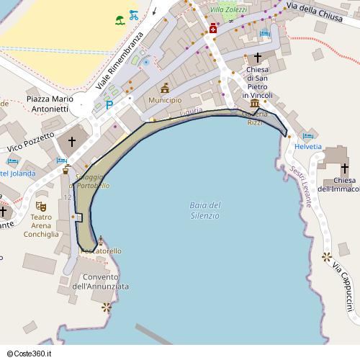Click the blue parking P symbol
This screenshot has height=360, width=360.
[109, 105]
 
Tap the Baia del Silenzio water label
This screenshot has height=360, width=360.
[205, 210]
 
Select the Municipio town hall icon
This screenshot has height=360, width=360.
[165, 88]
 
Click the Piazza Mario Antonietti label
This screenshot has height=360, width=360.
[47, 103]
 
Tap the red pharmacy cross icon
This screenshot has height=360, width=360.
[214, 29]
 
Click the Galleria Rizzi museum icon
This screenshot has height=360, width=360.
[255, 104]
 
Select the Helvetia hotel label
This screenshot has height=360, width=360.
[308, 146]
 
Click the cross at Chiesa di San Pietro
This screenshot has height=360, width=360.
[258, 57]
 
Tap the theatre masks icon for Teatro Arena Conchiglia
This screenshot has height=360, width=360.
[41, 206]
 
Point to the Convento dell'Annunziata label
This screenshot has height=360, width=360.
[105, 282]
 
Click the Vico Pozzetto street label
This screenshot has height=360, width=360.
[31, 142]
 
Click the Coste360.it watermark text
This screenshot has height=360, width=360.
[30, 353]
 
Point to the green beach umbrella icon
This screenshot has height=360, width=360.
[120, 19]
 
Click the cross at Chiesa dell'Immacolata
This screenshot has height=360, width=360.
[344, 168]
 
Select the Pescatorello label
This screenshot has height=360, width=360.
[102, 251]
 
